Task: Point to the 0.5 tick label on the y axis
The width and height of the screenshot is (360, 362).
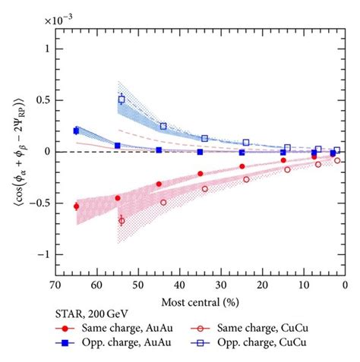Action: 41,99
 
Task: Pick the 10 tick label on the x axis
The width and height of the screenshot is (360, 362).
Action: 303,286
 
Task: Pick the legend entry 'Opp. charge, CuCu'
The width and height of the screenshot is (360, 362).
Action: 262,344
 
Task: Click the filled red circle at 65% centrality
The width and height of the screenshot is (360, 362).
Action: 76,206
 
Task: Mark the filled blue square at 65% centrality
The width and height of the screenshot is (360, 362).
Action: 76,131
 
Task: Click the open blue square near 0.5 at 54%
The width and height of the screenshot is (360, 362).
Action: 122,99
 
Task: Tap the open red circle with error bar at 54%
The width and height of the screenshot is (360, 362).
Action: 122,221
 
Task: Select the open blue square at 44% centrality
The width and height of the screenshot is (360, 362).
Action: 163,126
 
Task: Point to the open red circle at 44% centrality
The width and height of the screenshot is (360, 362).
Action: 163,202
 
